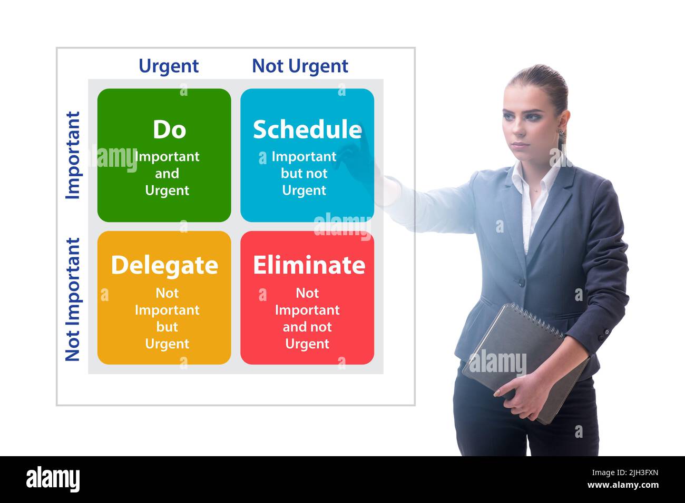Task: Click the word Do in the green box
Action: [169, 129]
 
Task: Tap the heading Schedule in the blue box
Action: [307, 130]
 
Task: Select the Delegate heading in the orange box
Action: [164, 265]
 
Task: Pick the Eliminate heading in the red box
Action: [309, 265]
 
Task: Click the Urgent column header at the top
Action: [169, 66]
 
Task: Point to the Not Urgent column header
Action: [300, 66]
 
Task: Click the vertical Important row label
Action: [73, 155]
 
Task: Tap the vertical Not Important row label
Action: [73, 299]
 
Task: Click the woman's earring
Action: [561, 133]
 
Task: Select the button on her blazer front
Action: [521, 283]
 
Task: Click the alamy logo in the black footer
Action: [53, 479]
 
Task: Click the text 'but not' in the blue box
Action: [304, 174]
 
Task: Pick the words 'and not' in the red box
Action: [307, 327]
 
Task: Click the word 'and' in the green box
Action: [167, 174]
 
